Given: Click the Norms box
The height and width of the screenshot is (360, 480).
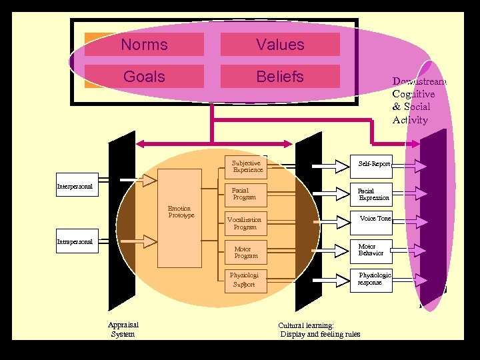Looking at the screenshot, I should pos(145,45).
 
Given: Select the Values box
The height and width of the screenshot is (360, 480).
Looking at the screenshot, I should pos(280,45).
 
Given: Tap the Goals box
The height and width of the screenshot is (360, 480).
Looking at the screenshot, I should pos(145,77).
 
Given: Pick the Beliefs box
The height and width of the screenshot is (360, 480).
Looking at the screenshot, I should pos(280,77).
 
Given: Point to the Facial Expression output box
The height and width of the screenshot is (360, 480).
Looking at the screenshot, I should pos(372,194).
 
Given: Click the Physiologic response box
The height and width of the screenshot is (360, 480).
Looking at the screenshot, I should pos(372,279).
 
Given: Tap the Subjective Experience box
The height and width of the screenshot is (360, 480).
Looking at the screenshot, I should pos(246,166).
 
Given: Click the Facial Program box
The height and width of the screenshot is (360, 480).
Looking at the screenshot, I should pos(243,193).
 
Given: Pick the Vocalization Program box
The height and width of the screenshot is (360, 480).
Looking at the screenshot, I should pos(244,223).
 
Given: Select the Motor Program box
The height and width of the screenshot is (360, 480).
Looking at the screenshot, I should pos(245,252).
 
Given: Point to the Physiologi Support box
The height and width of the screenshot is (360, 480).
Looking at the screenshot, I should pos(243,279).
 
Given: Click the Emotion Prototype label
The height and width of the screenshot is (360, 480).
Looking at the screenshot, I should pos(180,212).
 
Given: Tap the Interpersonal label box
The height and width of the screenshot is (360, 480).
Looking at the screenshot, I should pos(75,186).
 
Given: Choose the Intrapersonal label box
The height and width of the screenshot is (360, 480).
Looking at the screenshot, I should pos(75,241).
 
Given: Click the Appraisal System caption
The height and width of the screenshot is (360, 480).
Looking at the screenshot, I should pos(123,329).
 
